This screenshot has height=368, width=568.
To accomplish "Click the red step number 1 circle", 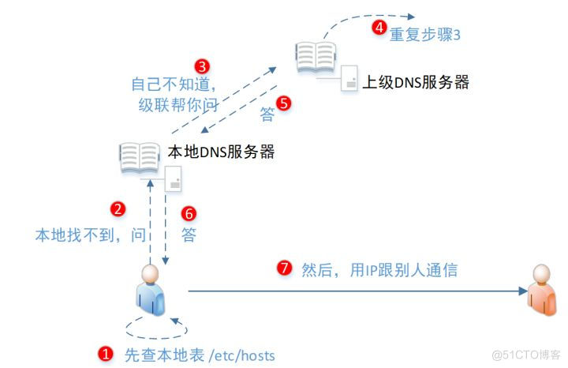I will click(103, 354).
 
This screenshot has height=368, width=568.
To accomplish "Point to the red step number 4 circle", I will click(379, 28).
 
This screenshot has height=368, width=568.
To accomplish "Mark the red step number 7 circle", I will click(284, 268).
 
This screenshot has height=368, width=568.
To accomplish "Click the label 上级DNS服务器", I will click(415, 81).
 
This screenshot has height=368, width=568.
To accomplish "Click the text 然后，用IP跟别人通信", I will click(379, 269).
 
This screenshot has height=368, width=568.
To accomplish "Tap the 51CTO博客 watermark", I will click(525, 354).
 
